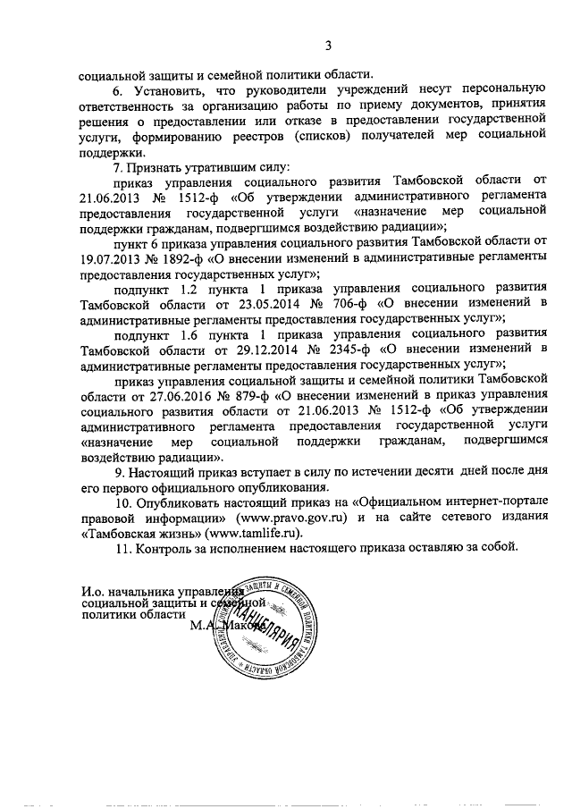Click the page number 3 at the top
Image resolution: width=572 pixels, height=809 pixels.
pyautogui.click(x=328, y=46)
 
